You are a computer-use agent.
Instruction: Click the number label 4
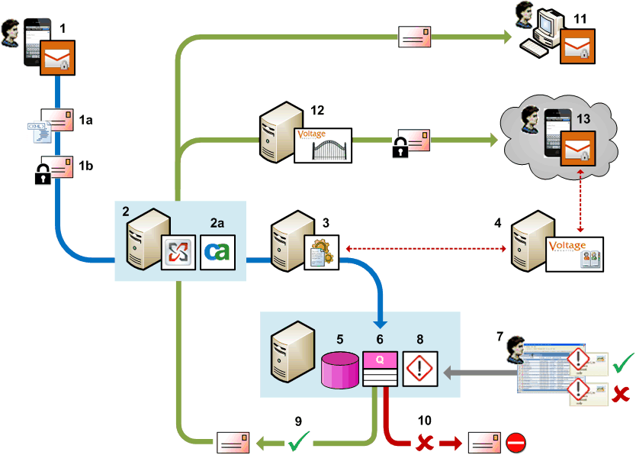pyautogui.click(x=497, y=224)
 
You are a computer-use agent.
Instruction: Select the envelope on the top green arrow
pyautogui.click(x=411, y=37)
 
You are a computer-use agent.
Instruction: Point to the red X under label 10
pyautogui.click(x=421, y=442)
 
